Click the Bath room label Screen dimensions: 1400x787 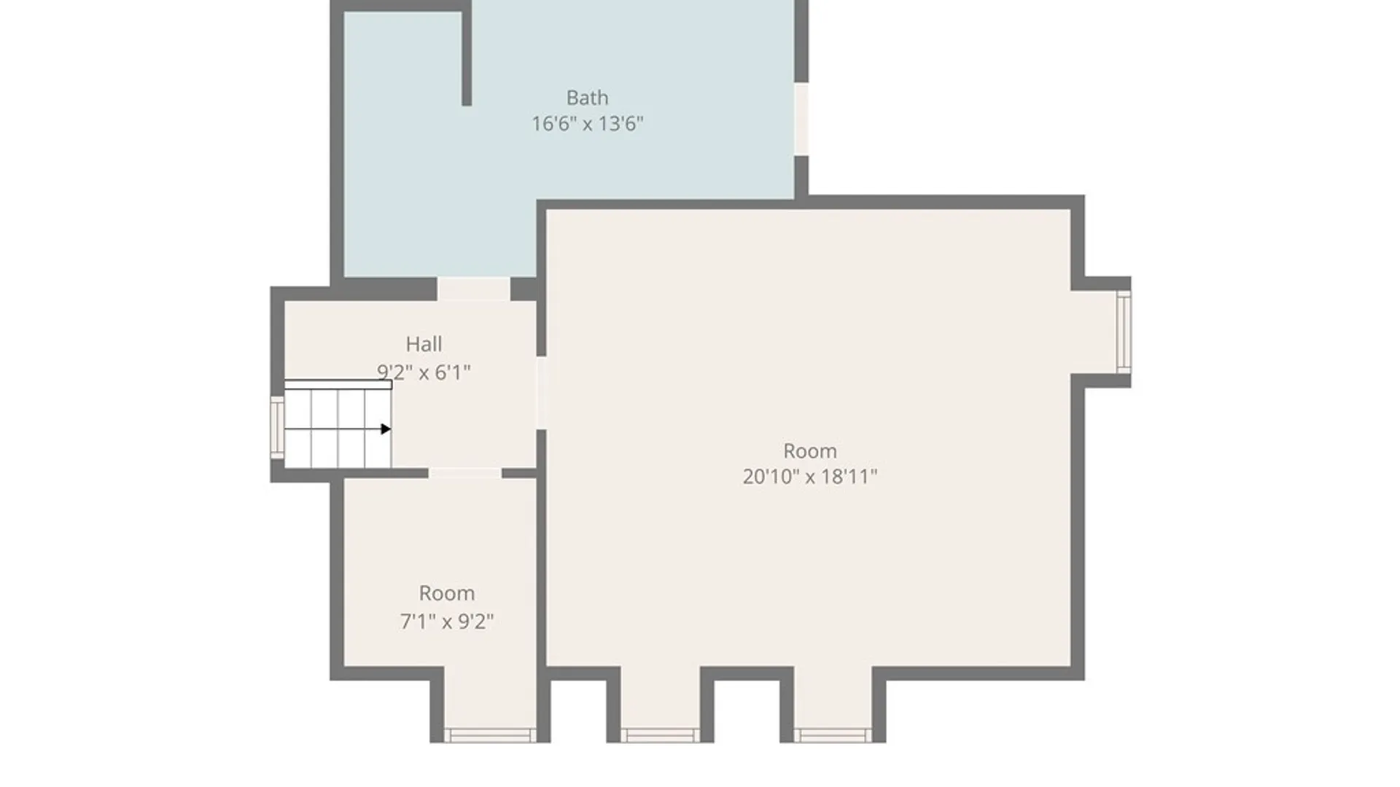point(587,98)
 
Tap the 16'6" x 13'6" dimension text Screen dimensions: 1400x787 point(587,124)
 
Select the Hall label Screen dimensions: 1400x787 point(424,344)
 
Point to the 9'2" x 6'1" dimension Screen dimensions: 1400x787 point(424,372)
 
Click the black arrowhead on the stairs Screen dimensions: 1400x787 point(386,429)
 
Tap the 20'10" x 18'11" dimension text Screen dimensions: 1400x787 point(809,477)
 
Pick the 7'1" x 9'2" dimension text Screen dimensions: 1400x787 point(446,622)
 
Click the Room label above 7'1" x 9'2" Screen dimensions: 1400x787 point(446,593)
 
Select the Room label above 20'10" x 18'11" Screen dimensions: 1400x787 point(809,451)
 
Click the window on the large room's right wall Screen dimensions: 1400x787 point(1124,332)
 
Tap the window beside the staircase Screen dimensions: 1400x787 point(277,428)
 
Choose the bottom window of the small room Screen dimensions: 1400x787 point(490,735)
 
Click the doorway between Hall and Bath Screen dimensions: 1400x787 point(473,289)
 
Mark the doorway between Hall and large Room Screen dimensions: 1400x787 point(541,393)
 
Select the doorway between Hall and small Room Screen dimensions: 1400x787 point(464,474)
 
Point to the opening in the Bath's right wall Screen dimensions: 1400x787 point(801,119)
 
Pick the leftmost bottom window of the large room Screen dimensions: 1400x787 point(659,735)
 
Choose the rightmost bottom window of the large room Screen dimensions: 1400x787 point(833,735)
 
